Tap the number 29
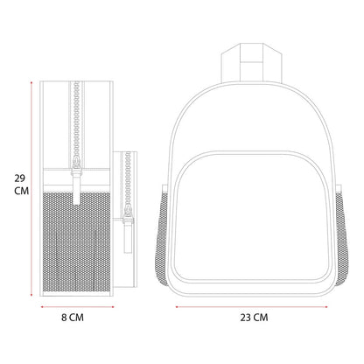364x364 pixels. point(19,178)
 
